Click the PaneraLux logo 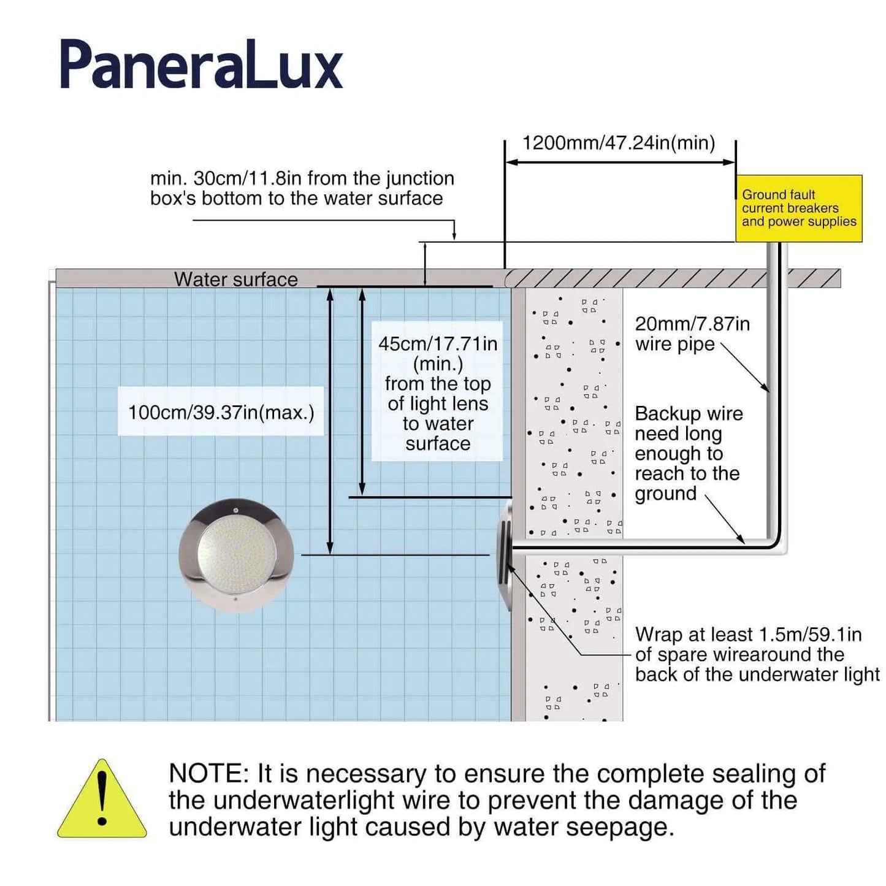(x=201, y=65)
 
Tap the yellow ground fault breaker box (x=798, y=208)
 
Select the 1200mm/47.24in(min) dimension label (x=619, y=143)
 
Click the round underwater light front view (x=236, y=554)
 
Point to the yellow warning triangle (x=102, y=801)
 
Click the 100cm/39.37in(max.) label (x=221, y=412)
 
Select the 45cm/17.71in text (x=438, y=344)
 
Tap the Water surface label (x=235, y=280)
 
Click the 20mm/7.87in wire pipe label (x=692, y=334)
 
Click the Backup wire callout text (x=688, y=453)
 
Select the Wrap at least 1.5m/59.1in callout (x=757, y=654)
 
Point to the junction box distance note (x=302, y=188)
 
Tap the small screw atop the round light (x=235, y=510)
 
